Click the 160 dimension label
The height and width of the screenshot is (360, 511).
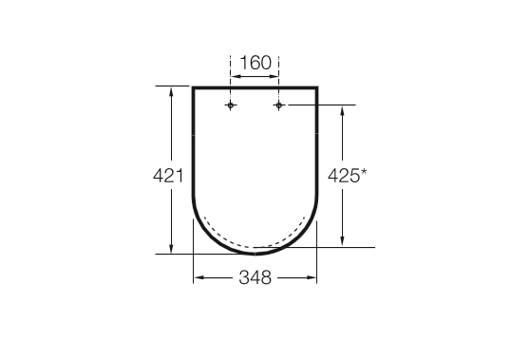coord(255,63)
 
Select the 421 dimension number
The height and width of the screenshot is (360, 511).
coord(168,176)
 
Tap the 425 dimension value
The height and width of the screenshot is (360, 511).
coord(343,176)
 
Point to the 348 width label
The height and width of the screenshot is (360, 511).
coord(255,278)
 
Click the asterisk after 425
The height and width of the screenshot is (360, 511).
coord(363,173)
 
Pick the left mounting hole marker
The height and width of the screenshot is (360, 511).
coord(231,105)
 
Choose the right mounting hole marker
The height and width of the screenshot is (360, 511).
coord(278,105)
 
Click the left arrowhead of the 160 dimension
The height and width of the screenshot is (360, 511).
coord(235,77)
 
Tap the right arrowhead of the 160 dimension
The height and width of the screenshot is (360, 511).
coord(274,77)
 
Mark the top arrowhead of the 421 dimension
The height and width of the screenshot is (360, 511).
coord(171,91)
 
